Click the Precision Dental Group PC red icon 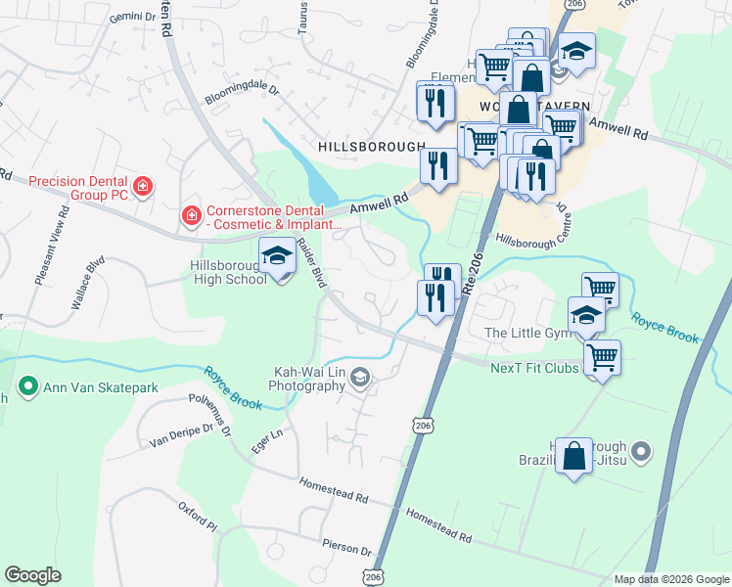[143, 186]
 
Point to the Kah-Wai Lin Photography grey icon [361, 379]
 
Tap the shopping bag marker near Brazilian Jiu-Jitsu [573, 455]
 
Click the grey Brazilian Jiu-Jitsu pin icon [641, 451]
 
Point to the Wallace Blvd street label [87, 284]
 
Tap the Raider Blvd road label [310, 263]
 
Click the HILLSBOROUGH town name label [371, 145]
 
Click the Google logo [32, 575]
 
